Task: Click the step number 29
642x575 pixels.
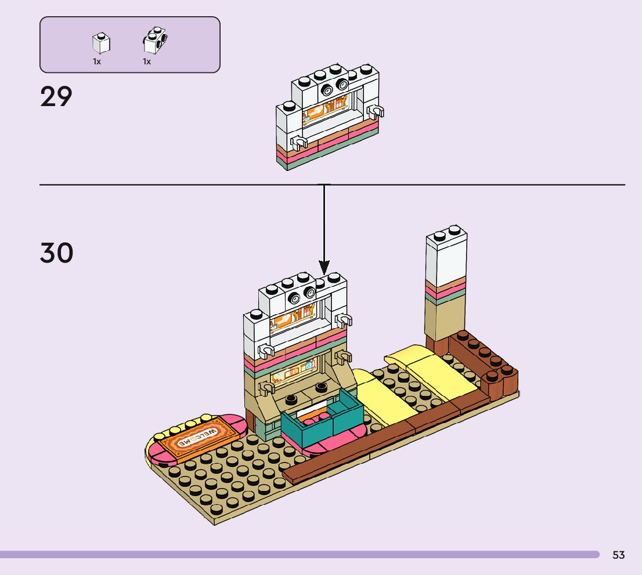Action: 56,97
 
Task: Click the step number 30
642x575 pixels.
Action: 57,253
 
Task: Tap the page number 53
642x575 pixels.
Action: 618,555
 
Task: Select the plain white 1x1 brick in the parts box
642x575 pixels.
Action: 101,43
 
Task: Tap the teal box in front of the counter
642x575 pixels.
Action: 322,421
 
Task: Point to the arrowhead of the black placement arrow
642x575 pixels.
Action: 323,268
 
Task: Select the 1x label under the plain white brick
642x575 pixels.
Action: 97,61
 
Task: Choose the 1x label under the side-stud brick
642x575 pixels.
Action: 147,61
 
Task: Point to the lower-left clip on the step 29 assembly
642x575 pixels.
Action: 300,142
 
